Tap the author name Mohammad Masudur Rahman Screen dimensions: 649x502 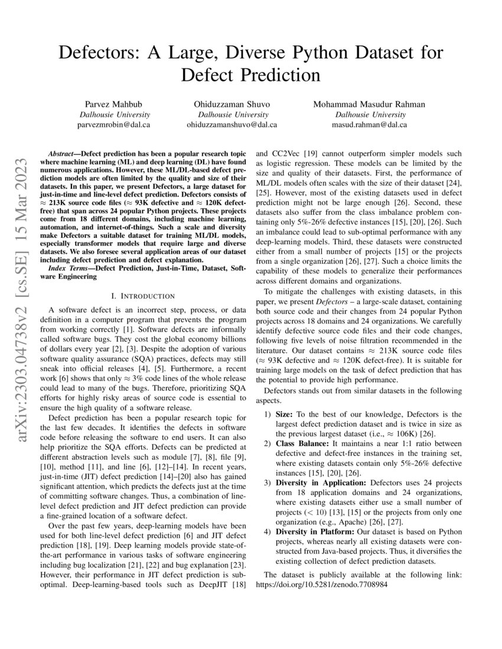click(x=369, y=104)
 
